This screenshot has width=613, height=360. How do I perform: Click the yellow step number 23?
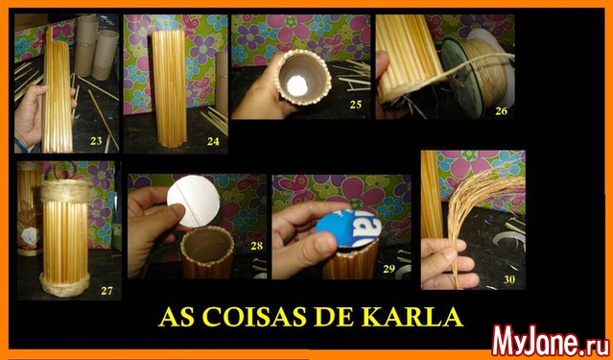96,141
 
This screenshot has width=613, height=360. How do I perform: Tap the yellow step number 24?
213,141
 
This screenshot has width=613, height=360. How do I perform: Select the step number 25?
355,105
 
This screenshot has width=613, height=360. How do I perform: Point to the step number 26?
501,111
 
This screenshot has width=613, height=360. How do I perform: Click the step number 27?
106,290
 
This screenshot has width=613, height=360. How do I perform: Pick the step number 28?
257,246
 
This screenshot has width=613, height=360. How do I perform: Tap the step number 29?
389,269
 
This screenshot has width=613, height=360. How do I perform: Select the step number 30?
509,279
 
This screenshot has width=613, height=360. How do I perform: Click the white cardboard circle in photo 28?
193,202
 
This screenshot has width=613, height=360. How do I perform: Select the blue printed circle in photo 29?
348,228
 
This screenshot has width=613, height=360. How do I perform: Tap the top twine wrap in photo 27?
66,192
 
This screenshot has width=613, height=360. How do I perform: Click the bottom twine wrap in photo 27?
65,284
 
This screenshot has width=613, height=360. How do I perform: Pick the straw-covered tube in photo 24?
169,89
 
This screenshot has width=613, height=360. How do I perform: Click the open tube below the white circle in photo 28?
207,252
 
